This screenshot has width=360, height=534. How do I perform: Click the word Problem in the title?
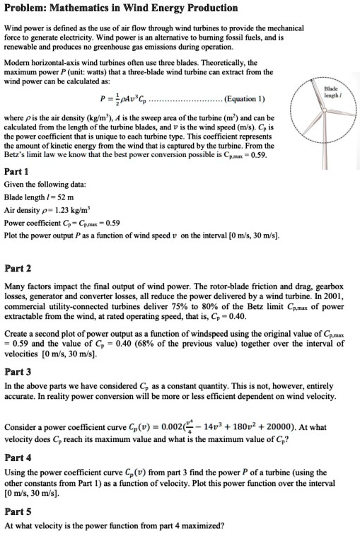[25, 8]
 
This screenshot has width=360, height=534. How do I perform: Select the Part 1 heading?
[16, 171]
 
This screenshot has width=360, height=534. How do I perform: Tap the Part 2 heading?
[18, 269]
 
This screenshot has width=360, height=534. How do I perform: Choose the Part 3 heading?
[18, 371]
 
